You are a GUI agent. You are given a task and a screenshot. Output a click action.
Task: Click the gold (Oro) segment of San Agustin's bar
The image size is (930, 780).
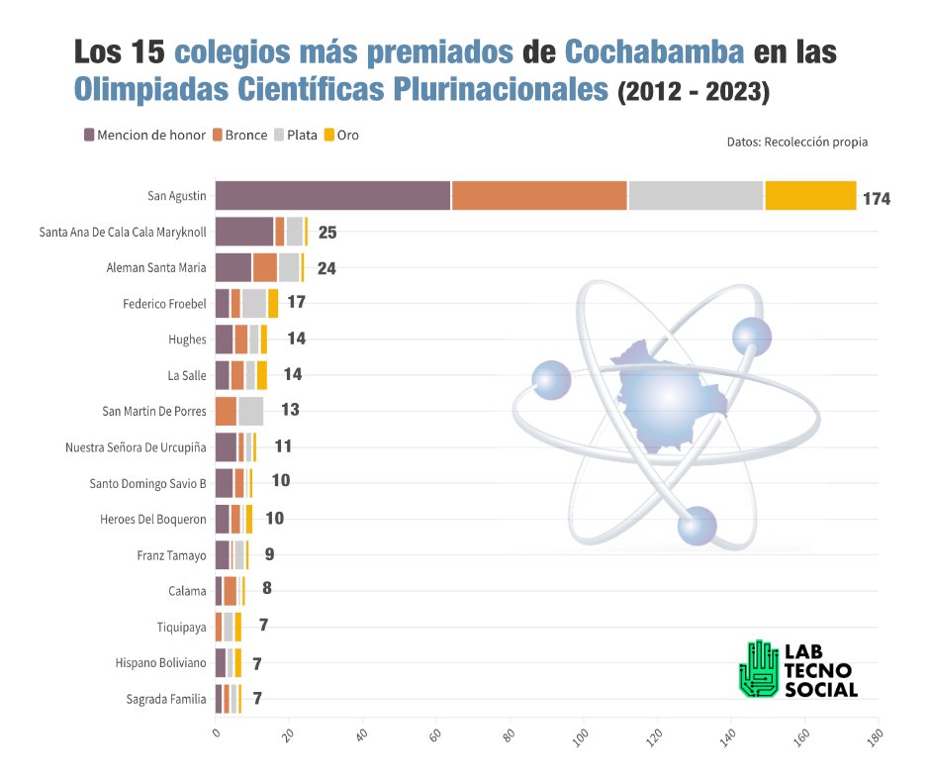810,196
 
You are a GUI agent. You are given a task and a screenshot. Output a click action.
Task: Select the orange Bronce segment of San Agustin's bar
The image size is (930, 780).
539,196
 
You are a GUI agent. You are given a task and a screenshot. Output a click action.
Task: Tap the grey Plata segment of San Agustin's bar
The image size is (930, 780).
696,196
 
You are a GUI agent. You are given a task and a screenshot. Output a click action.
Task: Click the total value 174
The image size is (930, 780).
876,199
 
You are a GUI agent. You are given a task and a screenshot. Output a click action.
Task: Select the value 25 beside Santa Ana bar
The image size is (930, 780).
327,233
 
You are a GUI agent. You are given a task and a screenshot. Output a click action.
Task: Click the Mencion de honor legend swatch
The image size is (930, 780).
89,135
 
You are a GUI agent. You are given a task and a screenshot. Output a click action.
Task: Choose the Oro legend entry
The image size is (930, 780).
339,135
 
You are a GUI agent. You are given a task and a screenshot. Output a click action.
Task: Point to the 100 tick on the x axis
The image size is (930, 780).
584,737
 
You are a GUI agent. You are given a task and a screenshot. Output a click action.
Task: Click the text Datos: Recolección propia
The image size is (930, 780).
796,142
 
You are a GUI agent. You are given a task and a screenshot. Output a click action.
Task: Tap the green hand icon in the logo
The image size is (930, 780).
759,667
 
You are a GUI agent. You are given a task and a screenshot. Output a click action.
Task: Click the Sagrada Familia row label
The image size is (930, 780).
166,698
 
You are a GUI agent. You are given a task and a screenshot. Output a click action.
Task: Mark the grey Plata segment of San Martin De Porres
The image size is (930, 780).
250,410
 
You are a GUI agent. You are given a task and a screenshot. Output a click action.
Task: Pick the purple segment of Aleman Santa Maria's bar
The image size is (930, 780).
233,267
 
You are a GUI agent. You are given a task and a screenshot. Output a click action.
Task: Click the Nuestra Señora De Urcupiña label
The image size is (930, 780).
136,446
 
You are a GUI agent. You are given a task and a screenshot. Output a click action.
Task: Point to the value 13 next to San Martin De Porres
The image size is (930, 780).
290,410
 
